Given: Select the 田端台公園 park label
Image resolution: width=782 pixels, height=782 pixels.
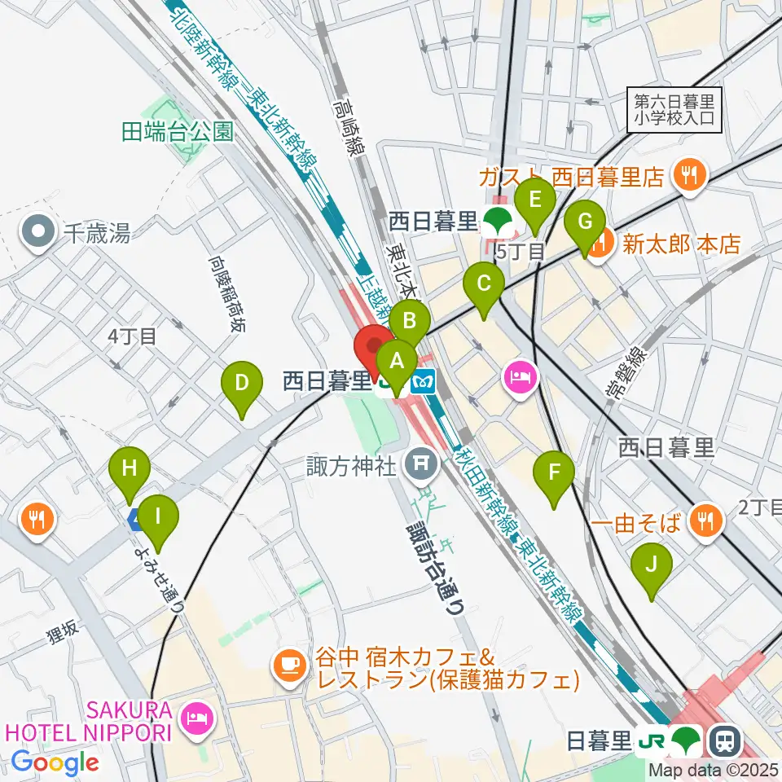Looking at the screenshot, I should (x=178, y=132).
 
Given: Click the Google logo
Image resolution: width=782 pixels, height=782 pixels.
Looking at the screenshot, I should (x=55, y=762).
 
